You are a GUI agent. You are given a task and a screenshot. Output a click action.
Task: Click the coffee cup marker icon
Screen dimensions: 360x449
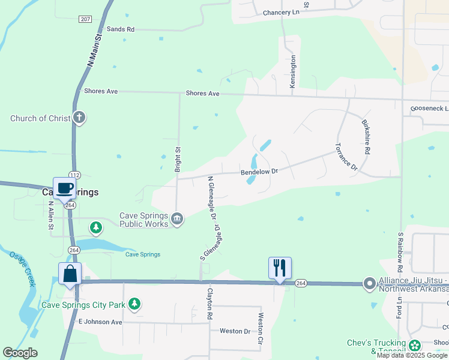tap(65, 188)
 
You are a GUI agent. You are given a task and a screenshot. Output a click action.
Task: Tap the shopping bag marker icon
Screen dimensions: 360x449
tap(70, 274)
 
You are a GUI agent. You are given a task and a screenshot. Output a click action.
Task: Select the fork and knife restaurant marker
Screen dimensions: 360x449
tap(280, 268)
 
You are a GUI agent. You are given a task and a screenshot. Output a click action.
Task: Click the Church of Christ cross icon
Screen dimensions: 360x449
tap(79, 118)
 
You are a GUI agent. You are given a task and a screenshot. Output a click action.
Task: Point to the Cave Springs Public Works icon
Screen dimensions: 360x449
tap(177, 217)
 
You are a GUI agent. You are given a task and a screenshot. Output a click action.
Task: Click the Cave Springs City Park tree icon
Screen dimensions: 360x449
tap(136, 304)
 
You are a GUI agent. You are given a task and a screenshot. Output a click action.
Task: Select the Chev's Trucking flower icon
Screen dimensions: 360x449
tap(415, 345)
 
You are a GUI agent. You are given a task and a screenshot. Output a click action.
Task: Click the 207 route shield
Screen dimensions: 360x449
tap(85, 19)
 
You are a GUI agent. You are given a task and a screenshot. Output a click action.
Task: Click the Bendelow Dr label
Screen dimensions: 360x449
tap(259, 172)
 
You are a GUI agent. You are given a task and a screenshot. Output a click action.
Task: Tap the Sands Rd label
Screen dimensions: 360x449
tap(121, 29)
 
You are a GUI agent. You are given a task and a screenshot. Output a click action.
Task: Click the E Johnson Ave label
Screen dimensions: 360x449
tap(100, 322)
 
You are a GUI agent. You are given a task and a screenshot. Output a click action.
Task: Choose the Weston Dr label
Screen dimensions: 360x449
tap(235, 331)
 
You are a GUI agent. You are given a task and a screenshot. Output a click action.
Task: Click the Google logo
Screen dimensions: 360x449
tap(20, 353)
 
